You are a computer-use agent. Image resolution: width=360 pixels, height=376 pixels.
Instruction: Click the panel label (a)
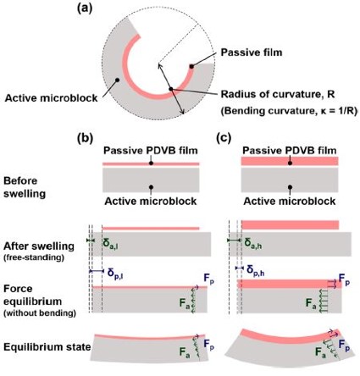click(x=85, y=8)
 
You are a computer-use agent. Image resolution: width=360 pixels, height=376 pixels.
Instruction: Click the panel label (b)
click(x=85, y=138)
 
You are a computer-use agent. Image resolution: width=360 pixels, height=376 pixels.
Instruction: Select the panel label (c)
click(x=224, y=138)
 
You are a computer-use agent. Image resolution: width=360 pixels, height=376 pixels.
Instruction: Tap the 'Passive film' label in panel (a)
click(x=252, y=53)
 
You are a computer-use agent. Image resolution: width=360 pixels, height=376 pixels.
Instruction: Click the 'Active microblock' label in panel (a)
click(x=51, y=98)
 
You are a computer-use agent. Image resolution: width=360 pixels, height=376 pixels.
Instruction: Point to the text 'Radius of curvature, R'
click(x=278, y=94)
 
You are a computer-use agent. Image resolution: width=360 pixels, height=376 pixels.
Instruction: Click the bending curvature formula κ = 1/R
click(x=327, y=111)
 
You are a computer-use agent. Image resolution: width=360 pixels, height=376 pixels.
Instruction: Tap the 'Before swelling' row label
click(x=25, y=187)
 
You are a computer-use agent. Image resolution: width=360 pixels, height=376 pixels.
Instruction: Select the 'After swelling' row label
click(x=39, y=246)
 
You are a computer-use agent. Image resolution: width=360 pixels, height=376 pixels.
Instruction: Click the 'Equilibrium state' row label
click(x=47, y=347)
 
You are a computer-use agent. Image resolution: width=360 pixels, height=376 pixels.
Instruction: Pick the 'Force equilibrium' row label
click(x=33, y=295)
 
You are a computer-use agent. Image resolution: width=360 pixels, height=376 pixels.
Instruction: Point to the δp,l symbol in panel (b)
click(x=115, y=274)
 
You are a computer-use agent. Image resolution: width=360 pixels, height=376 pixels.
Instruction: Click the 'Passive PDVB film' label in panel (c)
click(x=290, y=151)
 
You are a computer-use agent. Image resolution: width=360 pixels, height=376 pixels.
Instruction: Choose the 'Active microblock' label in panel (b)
click(x=151, y=202)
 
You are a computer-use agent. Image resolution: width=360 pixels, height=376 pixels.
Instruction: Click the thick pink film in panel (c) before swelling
click(x=290, y=161)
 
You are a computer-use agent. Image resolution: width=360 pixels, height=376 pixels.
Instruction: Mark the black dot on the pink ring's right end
click(x=191, y=66)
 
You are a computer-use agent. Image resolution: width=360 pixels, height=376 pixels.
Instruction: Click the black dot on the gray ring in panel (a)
click(x=118, y=80)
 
